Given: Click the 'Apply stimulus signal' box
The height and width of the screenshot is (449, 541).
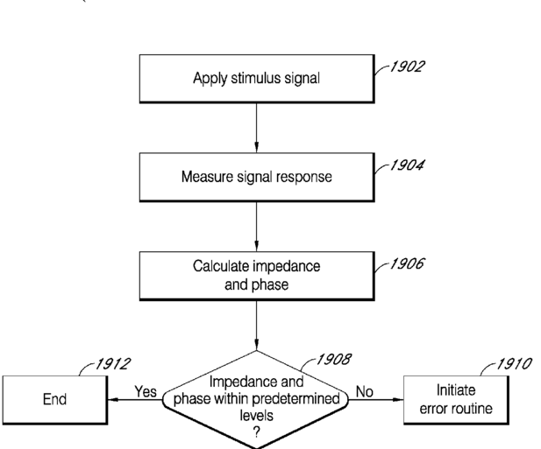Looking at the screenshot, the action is coord(257,79).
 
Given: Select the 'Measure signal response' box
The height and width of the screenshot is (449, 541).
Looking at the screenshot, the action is coord(257,177).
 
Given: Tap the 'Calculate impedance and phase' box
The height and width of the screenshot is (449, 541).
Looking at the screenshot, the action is coord(257,276).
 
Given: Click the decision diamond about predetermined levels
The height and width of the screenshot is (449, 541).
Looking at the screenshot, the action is coord(256,399).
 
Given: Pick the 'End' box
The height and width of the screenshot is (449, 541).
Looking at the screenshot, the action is coord(55,400).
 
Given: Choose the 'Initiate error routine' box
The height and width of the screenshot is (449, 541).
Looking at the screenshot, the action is coord(456,400).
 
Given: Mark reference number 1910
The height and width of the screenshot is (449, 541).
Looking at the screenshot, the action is coord(514,364).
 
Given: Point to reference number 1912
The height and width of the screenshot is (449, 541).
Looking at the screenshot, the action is coord(113,364).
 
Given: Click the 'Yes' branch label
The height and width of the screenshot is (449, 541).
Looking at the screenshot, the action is coord(146,391).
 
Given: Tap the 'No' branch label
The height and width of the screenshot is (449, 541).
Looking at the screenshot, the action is coord(365,391).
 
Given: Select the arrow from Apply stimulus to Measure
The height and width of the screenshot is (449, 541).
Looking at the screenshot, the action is coord(256,128).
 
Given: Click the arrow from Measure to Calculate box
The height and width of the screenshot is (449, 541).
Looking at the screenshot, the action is coord(256,227).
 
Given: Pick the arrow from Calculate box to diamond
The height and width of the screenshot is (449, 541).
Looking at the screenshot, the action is coord(256,326).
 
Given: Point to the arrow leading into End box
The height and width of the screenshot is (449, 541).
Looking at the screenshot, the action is coord(135,400).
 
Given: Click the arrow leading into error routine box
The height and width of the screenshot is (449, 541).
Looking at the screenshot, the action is coord(376,400).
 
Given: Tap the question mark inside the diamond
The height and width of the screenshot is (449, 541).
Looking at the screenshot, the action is coord(256,431).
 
